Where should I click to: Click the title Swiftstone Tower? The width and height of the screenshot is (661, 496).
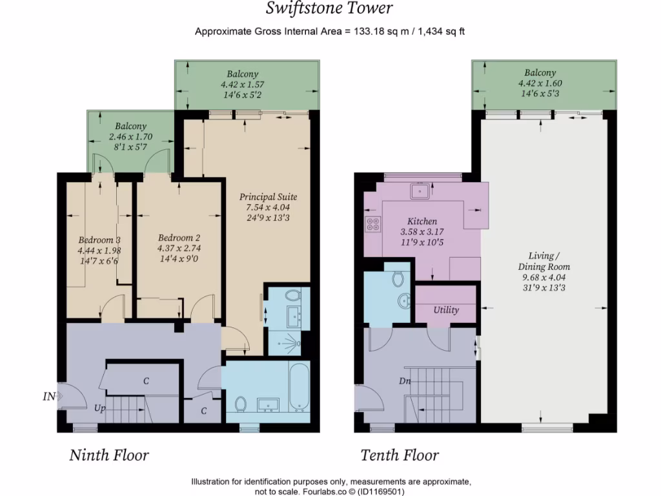point(330,8)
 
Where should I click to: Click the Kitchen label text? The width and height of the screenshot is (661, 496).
point(422,221)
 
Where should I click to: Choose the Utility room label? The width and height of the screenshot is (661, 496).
point(446,310)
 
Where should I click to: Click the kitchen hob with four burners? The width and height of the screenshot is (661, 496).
point(373,223)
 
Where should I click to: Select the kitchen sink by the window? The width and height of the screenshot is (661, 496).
point(422,191)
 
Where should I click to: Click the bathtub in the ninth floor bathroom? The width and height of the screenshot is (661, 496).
point(298,388)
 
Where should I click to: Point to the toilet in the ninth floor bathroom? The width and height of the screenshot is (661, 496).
point(240,404)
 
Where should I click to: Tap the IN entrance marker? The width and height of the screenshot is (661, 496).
point(49,397)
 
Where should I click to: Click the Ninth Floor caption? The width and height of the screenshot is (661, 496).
point(109,455)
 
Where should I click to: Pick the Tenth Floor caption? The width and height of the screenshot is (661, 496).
point(400,455)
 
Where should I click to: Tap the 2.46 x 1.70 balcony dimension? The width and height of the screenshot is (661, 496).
point(131,136)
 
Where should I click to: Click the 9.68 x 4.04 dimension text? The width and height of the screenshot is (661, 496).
point(544,278)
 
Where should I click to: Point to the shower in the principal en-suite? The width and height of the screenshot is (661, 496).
point(288,340)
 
